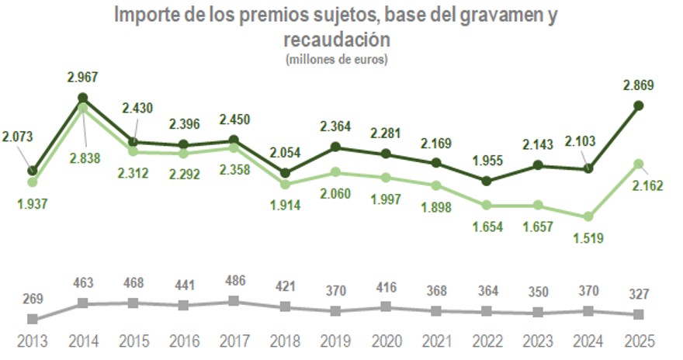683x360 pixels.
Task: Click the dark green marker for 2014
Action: pos(83,99)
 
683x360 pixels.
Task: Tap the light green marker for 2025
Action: pos(638,164)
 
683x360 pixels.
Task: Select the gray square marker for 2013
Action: pos(33,319)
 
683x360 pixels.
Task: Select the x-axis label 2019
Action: pos(335,341)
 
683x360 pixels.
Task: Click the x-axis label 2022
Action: pos(487,341)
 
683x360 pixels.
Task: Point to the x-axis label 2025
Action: pos(638,341)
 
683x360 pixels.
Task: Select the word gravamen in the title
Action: pos(501,15)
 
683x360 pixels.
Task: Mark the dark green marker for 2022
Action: pos(487,181)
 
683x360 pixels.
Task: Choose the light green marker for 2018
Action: pos(285,185)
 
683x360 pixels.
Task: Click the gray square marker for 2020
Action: pos(386,307)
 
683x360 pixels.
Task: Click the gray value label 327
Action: pos(638,295)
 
